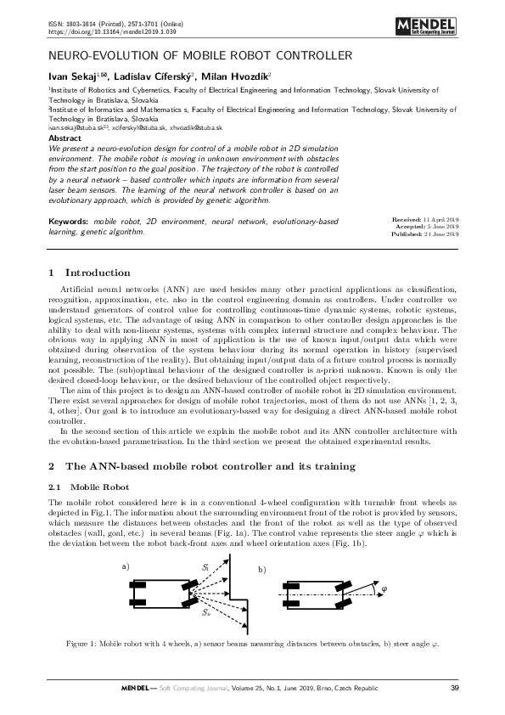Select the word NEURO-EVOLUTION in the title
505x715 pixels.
93,57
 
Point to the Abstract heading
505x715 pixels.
65,137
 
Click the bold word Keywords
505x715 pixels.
69,221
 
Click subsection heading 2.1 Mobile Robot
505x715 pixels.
79,488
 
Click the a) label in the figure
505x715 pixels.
126,565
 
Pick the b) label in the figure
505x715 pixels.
262,569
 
